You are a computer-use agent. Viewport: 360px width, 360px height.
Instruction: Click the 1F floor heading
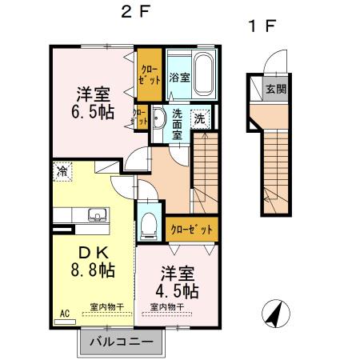coord(261,26)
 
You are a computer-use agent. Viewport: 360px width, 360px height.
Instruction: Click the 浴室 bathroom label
coord(179,78)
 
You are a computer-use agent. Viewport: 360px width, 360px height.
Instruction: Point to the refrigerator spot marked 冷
coord(62,170)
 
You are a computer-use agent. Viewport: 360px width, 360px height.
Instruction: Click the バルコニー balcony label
coord(120,342)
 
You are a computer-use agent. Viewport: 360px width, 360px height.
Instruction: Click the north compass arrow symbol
coord(273,314)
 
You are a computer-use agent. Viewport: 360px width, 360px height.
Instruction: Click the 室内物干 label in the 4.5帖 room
coord(165,306)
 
